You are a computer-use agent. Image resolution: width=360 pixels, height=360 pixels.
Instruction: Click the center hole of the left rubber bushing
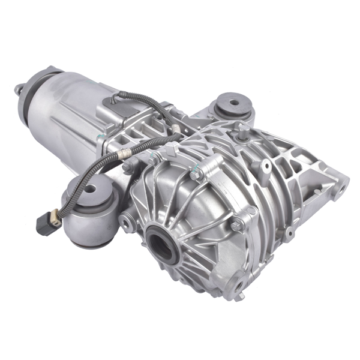[90, 188]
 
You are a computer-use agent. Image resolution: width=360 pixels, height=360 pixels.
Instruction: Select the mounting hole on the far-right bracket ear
[340, 191]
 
